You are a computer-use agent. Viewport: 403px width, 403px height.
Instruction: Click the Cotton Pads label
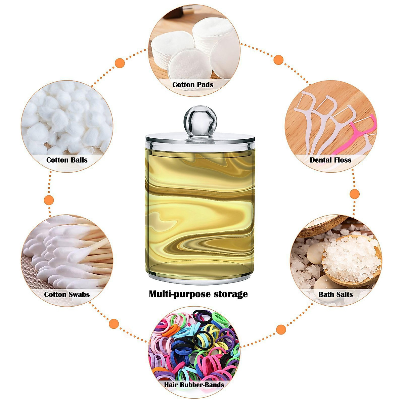point(193,85)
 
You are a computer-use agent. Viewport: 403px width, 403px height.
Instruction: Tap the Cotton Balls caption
point(67,160)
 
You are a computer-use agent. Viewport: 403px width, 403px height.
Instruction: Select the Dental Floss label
point(330,160)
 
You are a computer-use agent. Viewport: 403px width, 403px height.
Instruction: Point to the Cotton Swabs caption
point(67,295)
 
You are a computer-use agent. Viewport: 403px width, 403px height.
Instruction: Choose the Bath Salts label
point(335,295)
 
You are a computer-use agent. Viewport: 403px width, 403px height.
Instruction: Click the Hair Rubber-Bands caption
point(194,385)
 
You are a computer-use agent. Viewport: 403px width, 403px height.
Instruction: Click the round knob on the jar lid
point(200,119)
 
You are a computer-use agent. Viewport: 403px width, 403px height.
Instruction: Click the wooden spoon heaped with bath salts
point(351,259)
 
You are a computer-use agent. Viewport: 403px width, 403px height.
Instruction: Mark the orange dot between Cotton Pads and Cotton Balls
point(120,63)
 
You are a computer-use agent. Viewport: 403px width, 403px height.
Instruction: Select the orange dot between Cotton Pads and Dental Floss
point(278,60)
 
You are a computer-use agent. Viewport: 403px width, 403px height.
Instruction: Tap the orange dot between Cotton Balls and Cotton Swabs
point(49,200)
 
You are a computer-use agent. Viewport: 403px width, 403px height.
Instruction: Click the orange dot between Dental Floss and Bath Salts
point(355,194)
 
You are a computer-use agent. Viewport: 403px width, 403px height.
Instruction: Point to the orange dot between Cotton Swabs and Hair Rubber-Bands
point(114,324)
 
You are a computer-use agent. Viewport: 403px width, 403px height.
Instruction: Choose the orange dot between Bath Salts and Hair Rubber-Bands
point(281,329)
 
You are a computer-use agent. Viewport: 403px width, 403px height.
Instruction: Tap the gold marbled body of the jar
point(200,208)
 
